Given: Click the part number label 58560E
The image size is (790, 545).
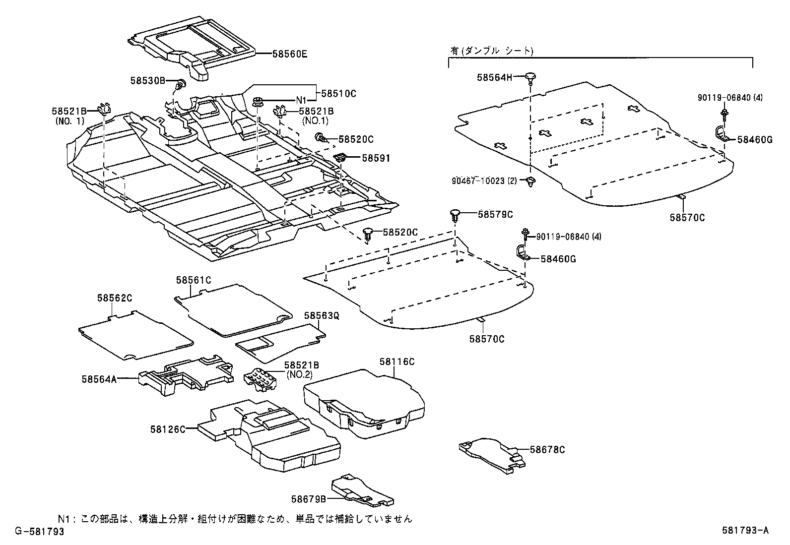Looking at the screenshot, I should tap(289, 54).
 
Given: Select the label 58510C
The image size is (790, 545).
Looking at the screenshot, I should tap(339, 93).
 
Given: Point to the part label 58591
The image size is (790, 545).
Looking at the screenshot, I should tap(376, 159).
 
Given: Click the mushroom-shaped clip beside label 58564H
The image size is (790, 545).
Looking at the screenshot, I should tap(531, 76).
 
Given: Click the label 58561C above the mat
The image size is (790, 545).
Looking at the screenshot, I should tap(194, 280).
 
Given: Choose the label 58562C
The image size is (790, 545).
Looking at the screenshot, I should tap(115, 298).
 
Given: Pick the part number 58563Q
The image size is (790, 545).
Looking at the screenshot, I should tap(322, 315).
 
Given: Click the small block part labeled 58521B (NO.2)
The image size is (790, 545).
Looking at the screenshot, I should tap(261, 380).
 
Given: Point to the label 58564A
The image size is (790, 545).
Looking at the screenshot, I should tap(99, 379).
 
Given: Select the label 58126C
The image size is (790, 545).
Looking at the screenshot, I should tap(168, 428).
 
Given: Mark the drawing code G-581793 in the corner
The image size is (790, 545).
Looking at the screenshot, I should tap(39, 531).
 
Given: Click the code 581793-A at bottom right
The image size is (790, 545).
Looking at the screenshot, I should tap(745, 531).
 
